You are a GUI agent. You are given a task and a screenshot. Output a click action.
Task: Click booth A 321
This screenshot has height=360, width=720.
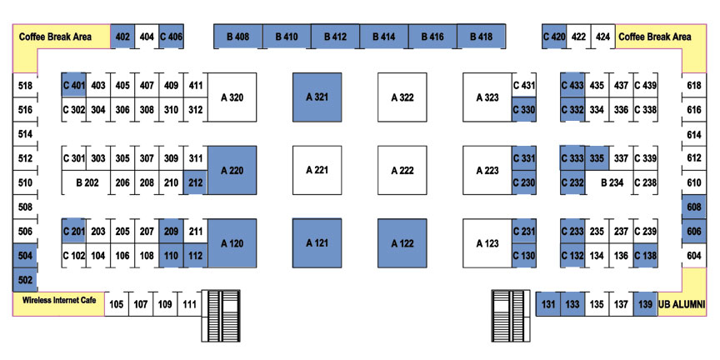tap(317, 97)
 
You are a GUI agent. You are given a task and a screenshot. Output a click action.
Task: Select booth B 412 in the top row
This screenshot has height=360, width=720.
tap(335, 37)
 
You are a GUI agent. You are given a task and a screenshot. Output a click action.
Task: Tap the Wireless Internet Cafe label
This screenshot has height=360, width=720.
tap(59, 300)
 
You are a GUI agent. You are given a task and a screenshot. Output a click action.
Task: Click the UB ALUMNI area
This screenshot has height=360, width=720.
tap(682, 303)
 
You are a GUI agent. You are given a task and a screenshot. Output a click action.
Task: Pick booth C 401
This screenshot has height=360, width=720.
tap(74, 85)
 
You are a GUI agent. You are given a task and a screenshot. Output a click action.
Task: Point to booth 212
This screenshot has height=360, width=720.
tap(196, 182)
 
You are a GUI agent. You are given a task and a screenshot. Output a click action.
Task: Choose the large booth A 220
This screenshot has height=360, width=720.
tap(232, 170)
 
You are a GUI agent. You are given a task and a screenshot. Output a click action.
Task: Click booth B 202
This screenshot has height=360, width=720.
tap(87, 182)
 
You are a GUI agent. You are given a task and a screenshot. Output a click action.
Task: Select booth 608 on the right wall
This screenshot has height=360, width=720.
tap(694, 207)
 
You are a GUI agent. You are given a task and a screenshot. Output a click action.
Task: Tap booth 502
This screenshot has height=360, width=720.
tap(25, 280)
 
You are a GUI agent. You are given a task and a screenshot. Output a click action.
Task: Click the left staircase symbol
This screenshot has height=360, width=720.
tap(221, 316)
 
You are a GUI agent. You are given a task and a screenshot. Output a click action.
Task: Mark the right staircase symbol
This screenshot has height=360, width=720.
tap(511, 316)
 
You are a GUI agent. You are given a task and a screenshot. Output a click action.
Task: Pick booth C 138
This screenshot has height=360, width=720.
tap(645, 255)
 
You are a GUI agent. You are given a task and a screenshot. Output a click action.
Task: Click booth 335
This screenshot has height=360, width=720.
tap(597, 158)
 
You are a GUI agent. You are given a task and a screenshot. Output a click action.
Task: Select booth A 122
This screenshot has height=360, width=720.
tap(402, 243)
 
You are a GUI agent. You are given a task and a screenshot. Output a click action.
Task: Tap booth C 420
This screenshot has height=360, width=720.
tap(554, 37)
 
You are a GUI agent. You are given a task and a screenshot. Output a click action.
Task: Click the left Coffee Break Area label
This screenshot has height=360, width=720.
tap(55, 37)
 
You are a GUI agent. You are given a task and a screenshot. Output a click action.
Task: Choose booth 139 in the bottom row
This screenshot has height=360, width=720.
tap(645, 303)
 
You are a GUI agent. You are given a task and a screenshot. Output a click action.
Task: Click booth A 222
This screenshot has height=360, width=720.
tap(402, 170)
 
